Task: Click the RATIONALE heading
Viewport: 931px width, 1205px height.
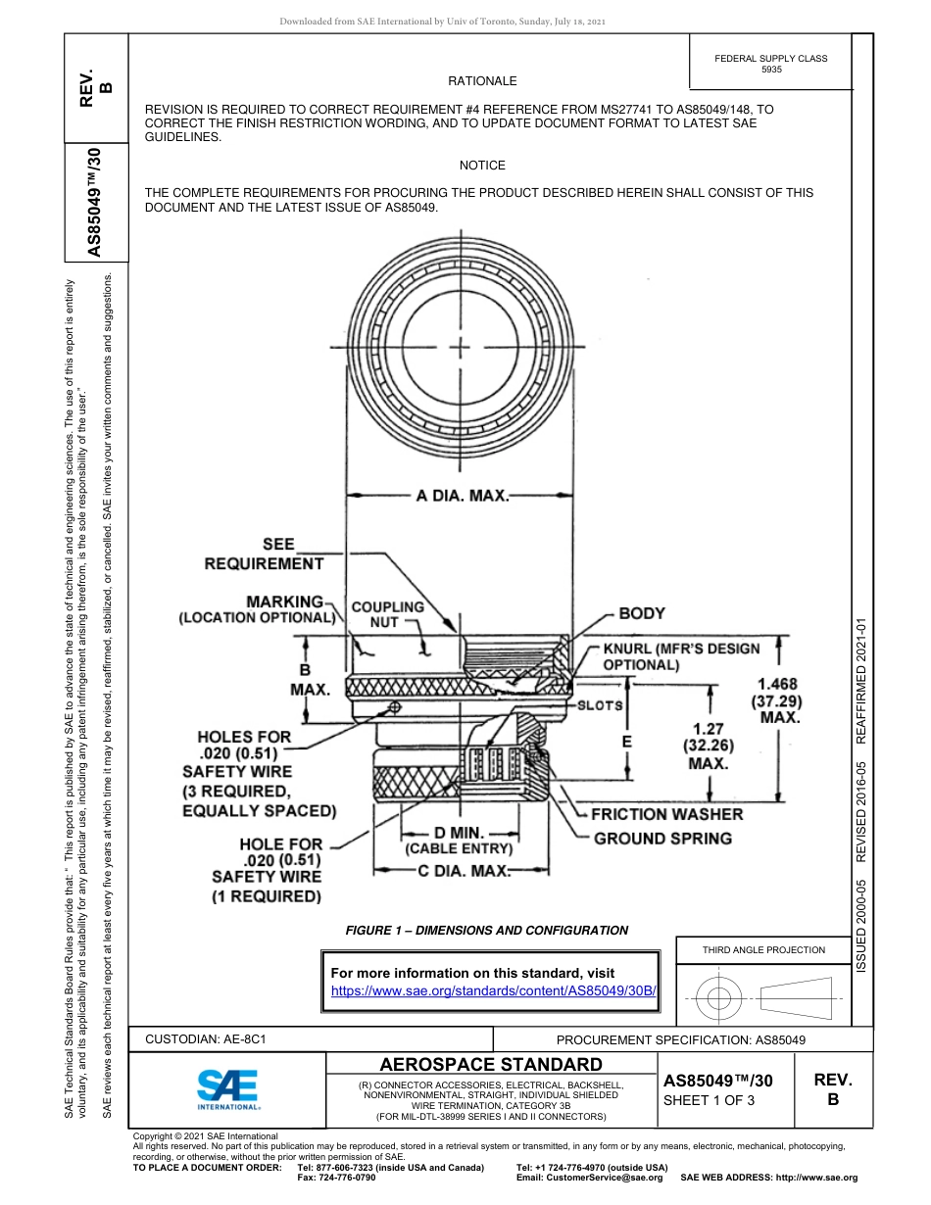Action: pyautogui.click(x=482, y=81)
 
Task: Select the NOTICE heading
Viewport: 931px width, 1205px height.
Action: pyautogui.click(x=482, y=166)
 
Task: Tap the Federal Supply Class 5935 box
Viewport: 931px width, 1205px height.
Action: pyautogui.click(x=771, y=65)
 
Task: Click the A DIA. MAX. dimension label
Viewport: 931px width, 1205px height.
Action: pyautogui.click(x=463, y=496)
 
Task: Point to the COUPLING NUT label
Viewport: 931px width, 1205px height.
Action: pyautogui.click(x=387, y=614)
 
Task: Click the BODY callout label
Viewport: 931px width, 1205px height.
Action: pyautogui.click(x=642, y=613)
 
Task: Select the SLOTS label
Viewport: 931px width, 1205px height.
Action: pyautogui.click(x=599, y=705)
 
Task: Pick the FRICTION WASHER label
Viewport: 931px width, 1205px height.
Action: pyautogui.click(x=666, y=813)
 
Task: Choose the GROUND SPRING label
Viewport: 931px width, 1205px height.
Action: pyautogui.click(x=662, y=838)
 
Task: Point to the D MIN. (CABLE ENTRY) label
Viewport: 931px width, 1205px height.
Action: pyautogui.click(x=460, y=841)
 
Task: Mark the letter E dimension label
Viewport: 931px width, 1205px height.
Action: pyautogui.click(x=627, y=743)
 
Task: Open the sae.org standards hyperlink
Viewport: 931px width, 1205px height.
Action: pyautogui.click(x=493, y=990)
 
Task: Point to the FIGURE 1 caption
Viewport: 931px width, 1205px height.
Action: pyautogui.click(x=487, y=930)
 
